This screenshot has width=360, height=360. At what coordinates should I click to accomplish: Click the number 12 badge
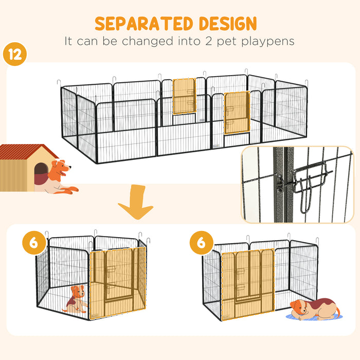[15, 55]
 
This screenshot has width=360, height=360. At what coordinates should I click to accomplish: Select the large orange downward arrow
[135, 203]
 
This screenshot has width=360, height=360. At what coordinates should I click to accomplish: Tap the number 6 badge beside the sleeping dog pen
[200, 242]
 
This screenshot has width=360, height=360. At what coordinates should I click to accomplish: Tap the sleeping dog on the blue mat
[314, 309]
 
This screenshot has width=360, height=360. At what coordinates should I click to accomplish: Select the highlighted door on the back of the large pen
[184, 96]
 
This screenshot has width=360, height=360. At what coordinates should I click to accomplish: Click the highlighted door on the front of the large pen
[237, 113]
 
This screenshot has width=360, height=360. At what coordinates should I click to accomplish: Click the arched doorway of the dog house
[41, 174]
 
